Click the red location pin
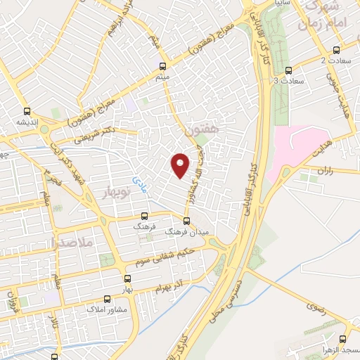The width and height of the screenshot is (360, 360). click(x=181, y=165)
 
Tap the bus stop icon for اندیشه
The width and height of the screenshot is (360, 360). click(x=27, y=111)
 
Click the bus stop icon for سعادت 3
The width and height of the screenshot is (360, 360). click(x=288, y=70)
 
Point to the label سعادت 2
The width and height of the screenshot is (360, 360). click(x=332, y=60)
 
